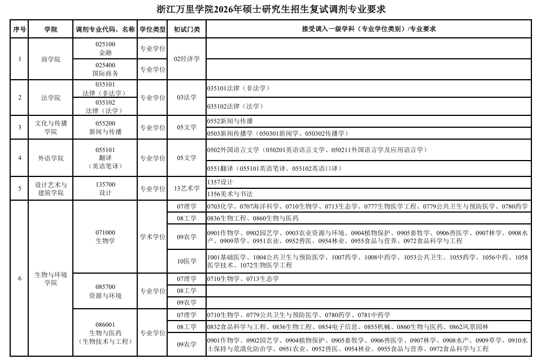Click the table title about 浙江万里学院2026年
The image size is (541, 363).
coord(271,9)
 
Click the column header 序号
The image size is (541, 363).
coord(20,29)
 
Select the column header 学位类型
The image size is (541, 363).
coord(152,29)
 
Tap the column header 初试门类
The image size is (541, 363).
coord(187,29)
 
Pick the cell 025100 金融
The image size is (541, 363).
coord(106,48)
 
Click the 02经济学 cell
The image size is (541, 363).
coord(187,59)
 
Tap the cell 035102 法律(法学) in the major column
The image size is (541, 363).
coord(106,107)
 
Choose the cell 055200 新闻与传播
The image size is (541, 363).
coord(106,127)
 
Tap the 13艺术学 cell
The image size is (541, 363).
coord(187,188)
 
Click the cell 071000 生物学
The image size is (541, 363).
coord(106,236)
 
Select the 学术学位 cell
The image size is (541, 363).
coord(152,236)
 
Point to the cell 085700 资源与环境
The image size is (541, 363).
coord(106,291)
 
